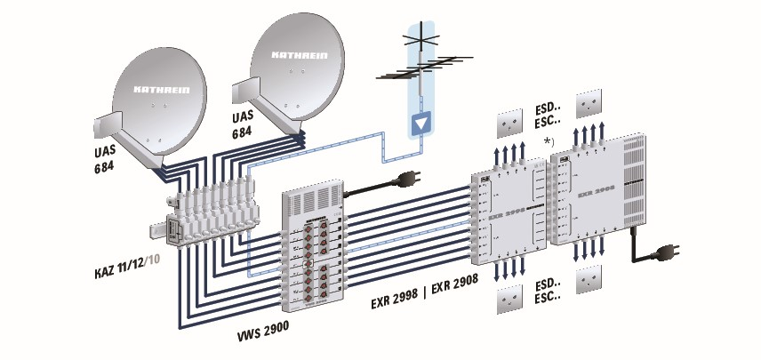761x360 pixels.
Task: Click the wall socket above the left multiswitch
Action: (x=510, y=120)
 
